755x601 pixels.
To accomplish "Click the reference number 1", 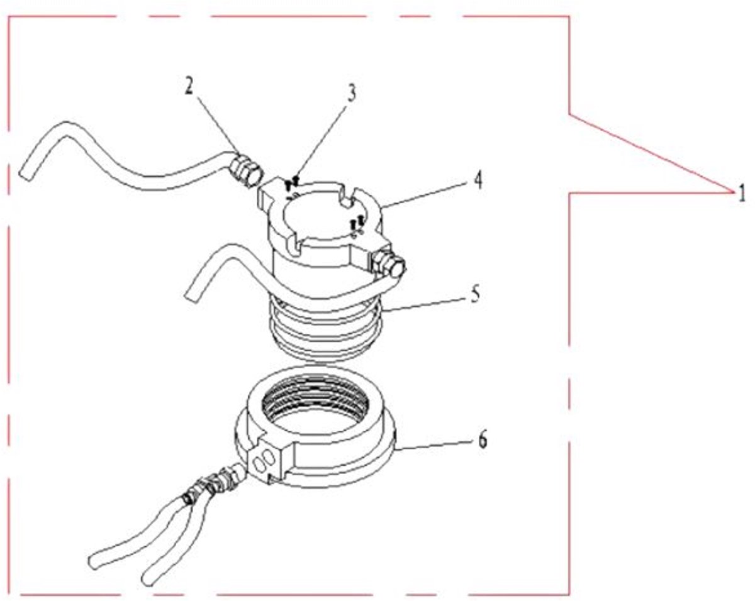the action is (741, 194).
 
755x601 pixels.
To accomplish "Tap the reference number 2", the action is (189, 86).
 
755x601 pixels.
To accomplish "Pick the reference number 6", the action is (483, 439).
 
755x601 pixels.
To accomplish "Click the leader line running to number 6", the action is (437, 444).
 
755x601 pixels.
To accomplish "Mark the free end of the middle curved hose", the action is (192, 293).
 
